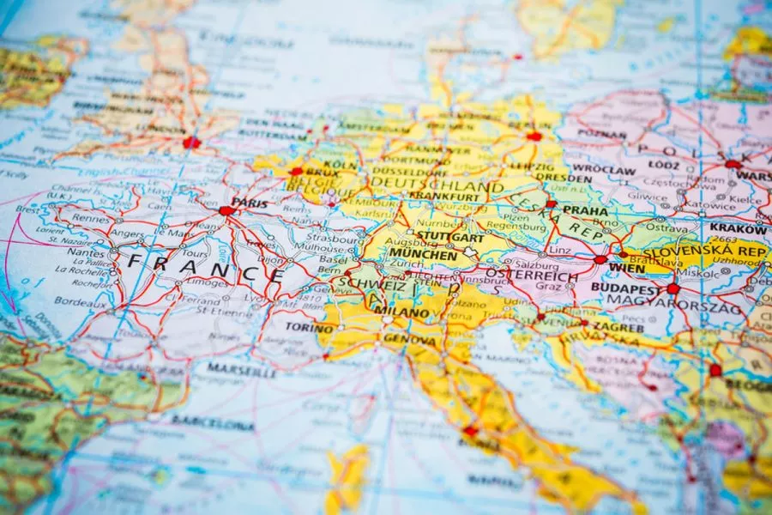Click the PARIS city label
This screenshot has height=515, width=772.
pos(250,203)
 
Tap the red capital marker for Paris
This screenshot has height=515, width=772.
pos(226,210)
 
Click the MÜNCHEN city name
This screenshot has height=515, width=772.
pos(423,255)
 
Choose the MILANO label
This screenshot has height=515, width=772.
pos(401,312)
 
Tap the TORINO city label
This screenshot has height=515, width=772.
pos(310,328)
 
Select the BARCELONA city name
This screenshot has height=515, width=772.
pos(212,423)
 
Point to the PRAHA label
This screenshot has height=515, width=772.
pos(586,210)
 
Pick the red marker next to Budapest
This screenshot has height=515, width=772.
pos(673,289)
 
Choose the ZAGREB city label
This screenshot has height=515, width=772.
pos(617,327)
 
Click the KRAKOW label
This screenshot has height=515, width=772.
pos(738,229)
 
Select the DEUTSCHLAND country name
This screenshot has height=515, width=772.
pos(437,186)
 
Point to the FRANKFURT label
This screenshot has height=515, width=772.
pos(444,197)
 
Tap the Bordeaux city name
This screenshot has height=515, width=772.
pos(81,301)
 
